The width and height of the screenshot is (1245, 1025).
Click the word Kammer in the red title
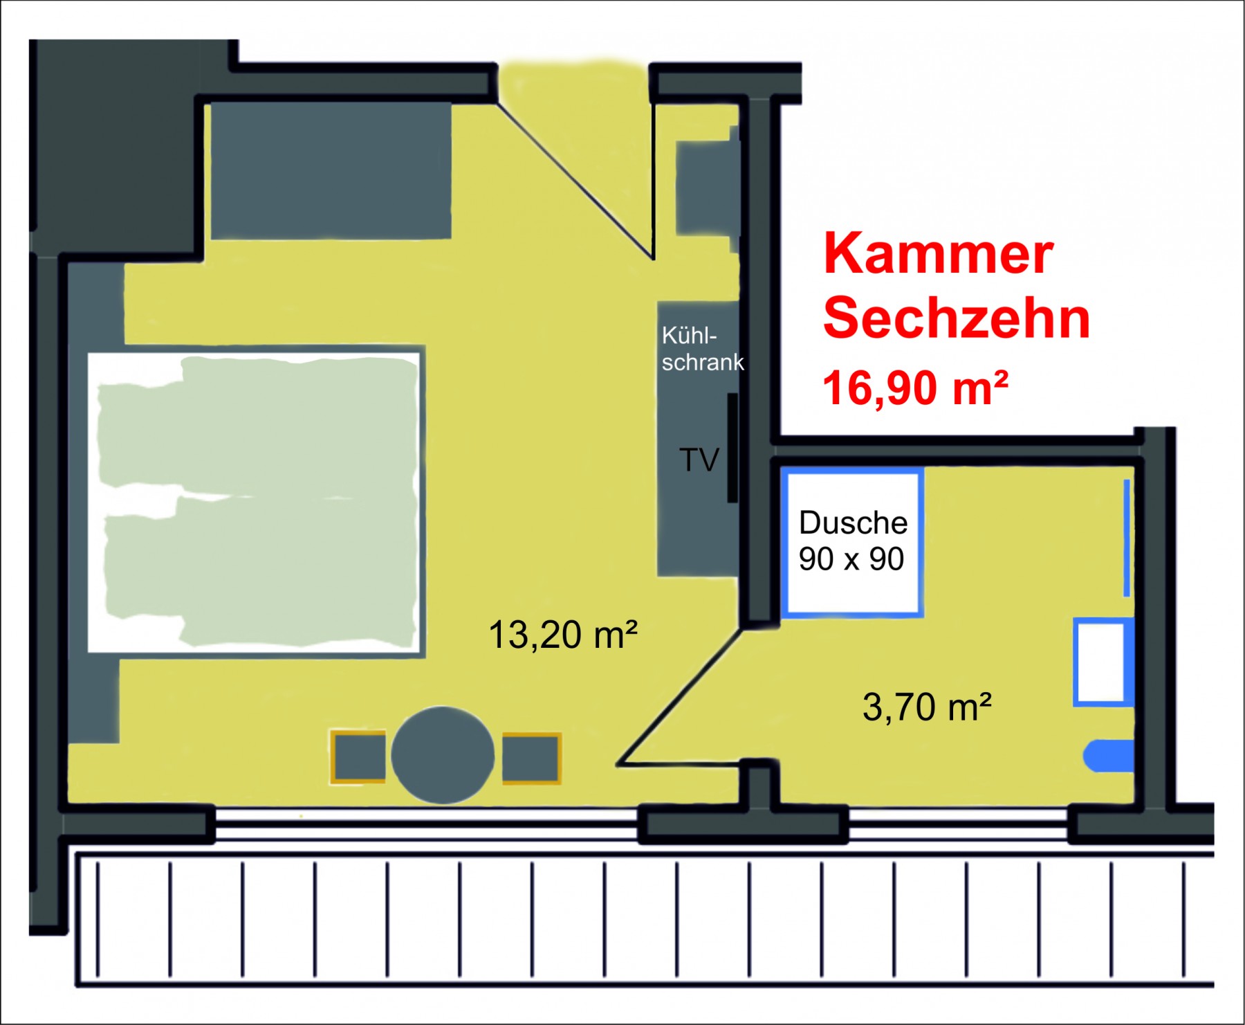tap(938, 253)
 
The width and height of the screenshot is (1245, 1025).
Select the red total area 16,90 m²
tap(915, 388)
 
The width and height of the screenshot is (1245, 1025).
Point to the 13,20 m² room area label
tap(562, 635)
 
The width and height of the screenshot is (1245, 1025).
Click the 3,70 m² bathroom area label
tap(928, 707)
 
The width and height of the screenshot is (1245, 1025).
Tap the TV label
tap(699, 460)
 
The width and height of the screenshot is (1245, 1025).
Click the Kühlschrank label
tap(703, 349)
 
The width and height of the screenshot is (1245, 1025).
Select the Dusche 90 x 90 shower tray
tap(852, 543)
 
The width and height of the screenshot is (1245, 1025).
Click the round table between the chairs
tap(443, 755)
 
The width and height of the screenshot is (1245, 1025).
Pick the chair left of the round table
tap(358, 757)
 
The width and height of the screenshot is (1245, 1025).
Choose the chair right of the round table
tap(531, 758)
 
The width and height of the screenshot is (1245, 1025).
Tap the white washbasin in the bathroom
tap(1103, 662)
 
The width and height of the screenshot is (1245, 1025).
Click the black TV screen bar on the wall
tap(732, 448)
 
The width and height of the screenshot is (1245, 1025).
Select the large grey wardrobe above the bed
tap(331, 170)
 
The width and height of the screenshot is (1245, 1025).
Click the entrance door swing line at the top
tap(575, 181)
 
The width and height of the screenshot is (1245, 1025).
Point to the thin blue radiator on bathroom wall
tap(1127, 538)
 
